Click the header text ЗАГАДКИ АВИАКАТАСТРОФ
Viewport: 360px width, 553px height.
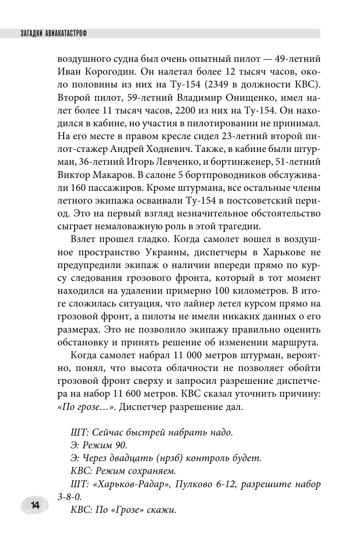click(x=51, y=33)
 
